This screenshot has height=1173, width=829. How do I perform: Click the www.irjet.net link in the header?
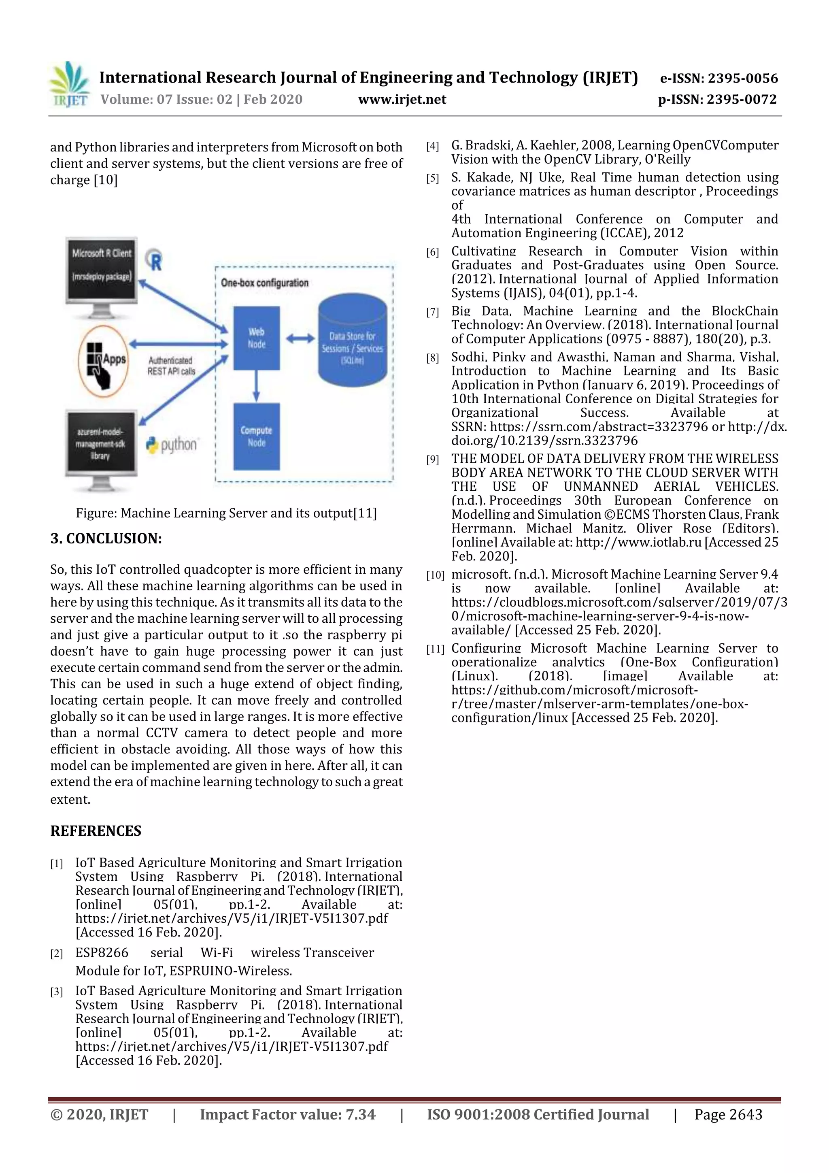coord(402,100)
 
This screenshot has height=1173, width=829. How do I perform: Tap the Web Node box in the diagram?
coord(256,338)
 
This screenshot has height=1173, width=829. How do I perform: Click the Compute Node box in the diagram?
coord(256,436)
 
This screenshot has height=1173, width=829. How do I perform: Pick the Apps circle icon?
coord(104,361)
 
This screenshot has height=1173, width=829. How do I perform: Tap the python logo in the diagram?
coord(171,445)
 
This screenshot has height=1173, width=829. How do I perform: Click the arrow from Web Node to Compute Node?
coord(256,386)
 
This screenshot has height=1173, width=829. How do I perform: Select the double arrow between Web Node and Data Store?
coord(300,338)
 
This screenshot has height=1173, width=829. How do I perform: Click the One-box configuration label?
coord(265,283)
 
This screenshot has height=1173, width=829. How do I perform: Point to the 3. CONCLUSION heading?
coord(106,539)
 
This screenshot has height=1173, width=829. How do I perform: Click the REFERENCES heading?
coord(96,831)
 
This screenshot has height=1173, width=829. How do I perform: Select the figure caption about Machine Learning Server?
coord(226,513)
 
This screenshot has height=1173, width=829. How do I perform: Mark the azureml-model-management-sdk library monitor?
coord(101,443)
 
